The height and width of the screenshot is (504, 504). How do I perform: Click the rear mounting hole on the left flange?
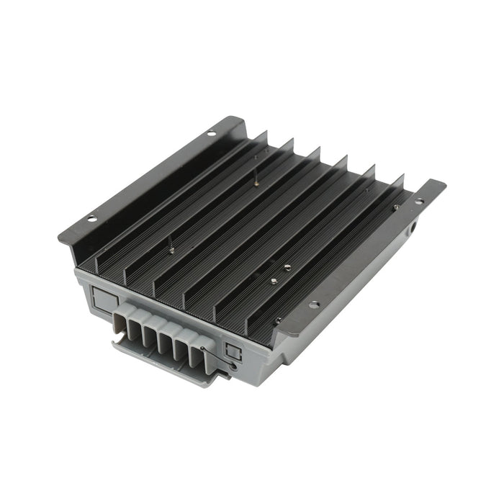[x=212, y=133]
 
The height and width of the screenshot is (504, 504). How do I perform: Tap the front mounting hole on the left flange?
[x=91, y=218]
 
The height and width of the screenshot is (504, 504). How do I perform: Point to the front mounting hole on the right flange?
[x=313, y=304]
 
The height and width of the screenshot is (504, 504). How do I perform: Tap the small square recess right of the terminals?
[x=232, y=351]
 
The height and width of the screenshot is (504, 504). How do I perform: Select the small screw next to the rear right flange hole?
[x=396, y=207]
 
